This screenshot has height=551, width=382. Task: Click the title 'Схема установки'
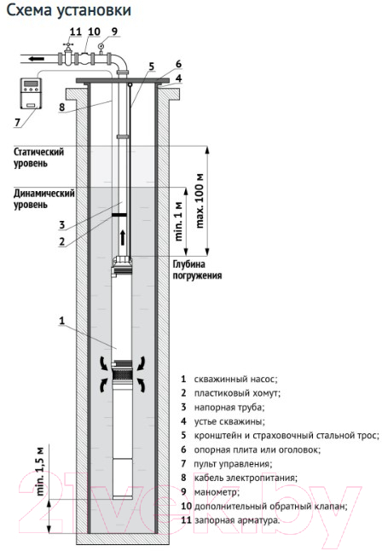[x=69, y=10]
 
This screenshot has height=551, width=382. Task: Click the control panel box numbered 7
[x=31, y=93]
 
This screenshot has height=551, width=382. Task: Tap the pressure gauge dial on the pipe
[x=101, y=45]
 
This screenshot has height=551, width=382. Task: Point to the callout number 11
[x=75, y=32]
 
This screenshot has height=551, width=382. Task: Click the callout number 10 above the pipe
[x=94, y=32]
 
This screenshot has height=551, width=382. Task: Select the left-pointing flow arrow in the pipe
[x=37, y=58]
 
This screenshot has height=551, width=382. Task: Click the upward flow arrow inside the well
[x=123, y=237]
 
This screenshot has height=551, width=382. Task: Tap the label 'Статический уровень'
[x=38, y=158]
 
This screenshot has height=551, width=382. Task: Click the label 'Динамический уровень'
[x=44, y=199]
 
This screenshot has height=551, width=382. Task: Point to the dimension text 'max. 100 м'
[x=200, y=200]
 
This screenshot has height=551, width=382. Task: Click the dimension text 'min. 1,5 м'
[x=41, y=471]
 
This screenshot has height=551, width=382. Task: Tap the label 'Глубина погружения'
[x=197, y=270]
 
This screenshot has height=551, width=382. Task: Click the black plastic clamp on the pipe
[x=119, y=214]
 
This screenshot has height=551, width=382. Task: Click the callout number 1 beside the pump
[x=62, y=321]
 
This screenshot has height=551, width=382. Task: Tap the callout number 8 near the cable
[x=62, y=107]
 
